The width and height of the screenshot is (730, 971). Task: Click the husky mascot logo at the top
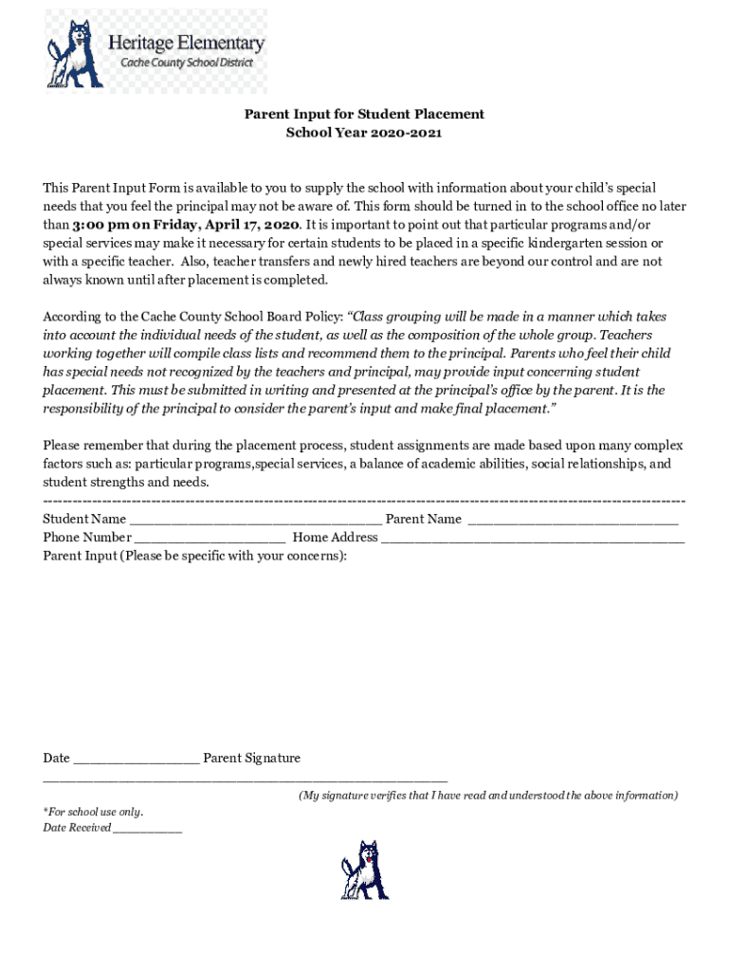pos(75,53)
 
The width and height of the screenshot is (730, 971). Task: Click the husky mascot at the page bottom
pos(365,870)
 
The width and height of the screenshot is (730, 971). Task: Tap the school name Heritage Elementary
pos(186,44)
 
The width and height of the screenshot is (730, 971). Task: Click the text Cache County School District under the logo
pos(186,63)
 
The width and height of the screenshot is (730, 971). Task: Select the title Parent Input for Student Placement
pos(364,114)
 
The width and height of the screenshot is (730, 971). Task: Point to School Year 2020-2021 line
pos(364,133)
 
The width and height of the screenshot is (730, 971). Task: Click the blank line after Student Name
pos(255,521)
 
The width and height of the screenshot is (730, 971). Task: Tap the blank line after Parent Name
pos(573,521)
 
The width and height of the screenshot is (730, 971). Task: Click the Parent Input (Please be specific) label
pos(194,556)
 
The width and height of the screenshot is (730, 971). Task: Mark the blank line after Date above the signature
pos(136,760)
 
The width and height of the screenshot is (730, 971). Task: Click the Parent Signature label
pos(251,758)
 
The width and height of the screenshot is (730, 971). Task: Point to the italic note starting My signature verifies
pos(488,796)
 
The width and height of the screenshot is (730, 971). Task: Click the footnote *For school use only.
pos(93,812)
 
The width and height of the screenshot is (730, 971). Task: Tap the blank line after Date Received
pos(148,830)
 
